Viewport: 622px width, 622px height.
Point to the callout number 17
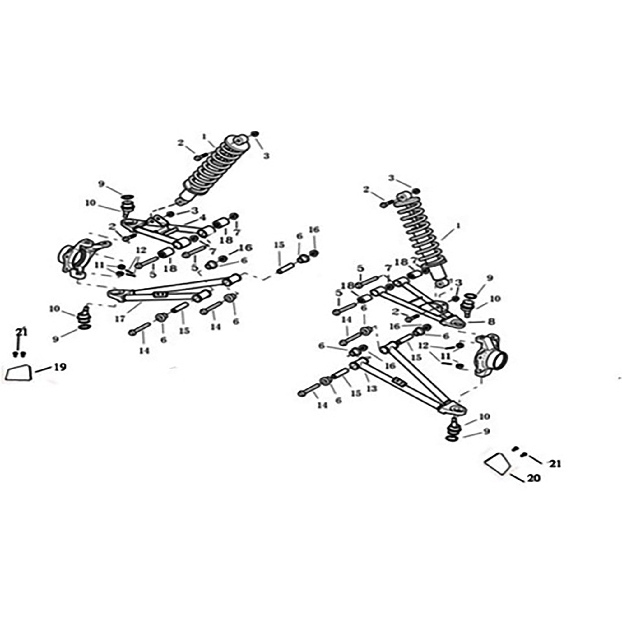(120, 319)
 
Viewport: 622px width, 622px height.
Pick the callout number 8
(491, 321)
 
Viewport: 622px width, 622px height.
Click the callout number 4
(202, 218)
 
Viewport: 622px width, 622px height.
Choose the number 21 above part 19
(21, 332)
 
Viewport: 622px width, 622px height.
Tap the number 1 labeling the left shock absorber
(204, 137)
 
